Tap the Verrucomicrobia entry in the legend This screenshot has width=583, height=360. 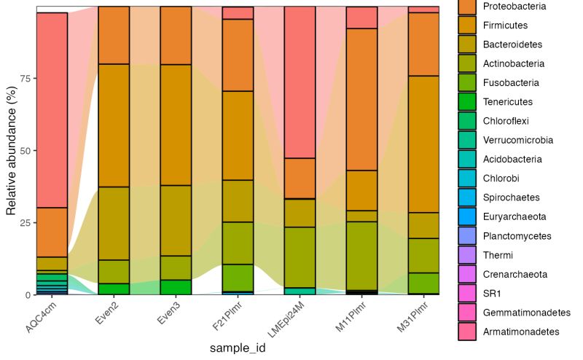[x=517, y=140]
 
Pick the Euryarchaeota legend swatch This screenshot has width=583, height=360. [x=467, y=216]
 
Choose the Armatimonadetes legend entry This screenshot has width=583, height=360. [x=520, y=332]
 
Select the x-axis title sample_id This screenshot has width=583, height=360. [x=237, y=348]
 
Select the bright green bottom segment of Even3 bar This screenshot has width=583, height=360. [x=176, y=287]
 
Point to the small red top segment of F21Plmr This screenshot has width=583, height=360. [x=238, y=12]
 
